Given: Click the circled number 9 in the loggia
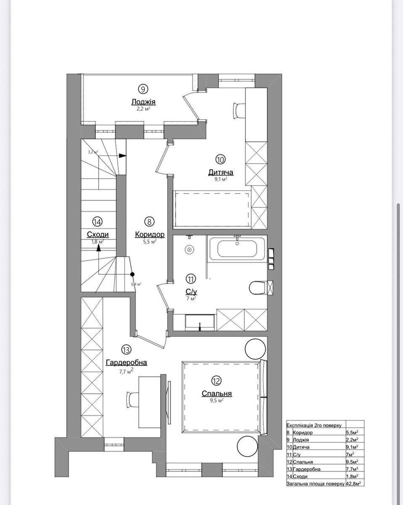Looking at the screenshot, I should coord(143,89).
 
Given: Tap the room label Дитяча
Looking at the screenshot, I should coord(221,172).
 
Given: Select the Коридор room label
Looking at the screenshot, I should coord(150,234).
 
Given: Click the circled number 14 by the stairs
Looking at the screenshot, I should coord(98,221).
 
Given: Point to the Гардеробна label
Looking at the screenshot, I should coord(126,362).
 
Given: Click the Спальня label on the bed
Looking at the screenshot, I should coord(216,394).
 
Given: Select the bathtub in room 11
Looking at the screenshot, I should coord(237,249).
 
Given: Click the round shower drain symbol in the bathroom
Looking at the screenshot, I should coord(190,250).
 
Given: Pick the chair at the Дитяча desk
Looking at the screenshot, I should coord(238,110).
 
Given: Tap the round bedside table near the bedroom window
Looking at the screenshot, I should coord(248,446).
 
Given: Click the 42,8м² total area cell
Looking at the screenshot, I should coord(354,484).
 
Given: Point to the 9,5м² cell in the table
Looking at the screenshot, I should coord(352,462).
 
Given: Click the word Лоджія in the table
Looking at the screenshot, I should coord(301,440).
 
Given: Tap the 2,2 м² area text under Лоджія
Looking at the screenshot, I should coord(143,108).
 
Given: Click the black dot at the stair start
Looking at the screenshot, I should coord(132,274).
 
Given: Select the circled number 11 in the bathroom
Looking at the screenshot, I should coord(191,279).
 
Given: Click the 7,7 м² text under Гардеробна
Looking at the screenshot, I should coord(126,371).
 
